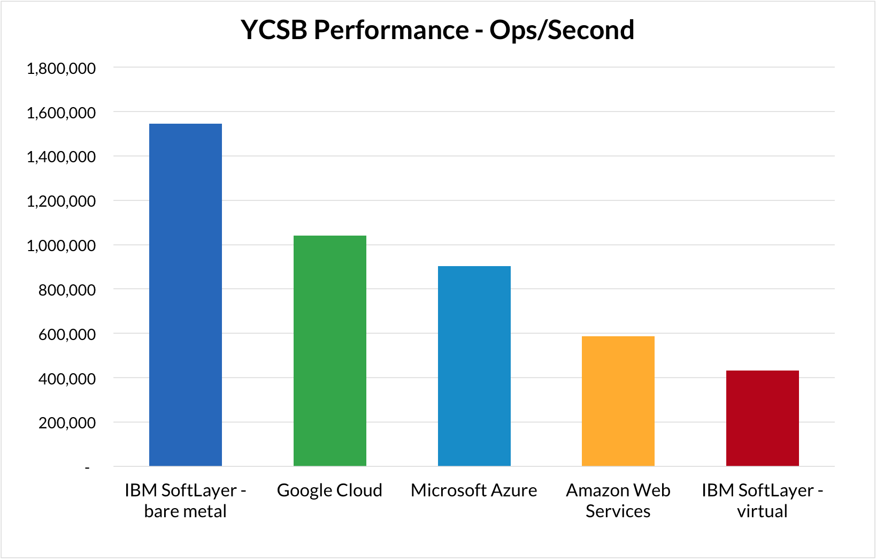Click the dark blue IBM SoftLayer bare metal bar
click(186, 294)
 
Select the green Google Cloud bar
click(330, 351)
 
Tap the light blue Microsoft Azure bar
click(474, 366)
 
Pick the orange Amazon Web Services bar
click(618, 401)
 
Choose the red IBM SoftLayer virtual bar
click(763, 418)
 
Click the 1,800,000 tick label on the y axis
click(61, 69)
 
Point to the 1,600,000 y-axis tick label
click(61, 113)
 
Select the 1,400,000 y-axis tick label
click(61, 157)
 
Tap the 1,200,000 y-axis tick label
click(61, 201)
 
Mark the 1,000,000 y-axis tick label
click(61, 246)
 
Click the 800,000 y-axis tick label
click(67, 290)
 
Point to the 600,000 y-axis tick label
click(67, 335)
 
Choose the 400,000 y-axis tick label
click(67, 379)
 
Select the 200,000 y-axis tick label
click(67, 423)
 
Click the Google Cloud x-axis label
click(329, 490)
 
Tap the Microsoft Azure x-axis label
click(474, 490)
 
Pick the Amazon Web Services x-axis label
click(618, 501)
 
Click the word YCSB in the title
click(274, 30)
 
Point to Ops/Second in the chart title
click(562, 31)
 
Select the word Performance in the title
click(391, 30)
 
